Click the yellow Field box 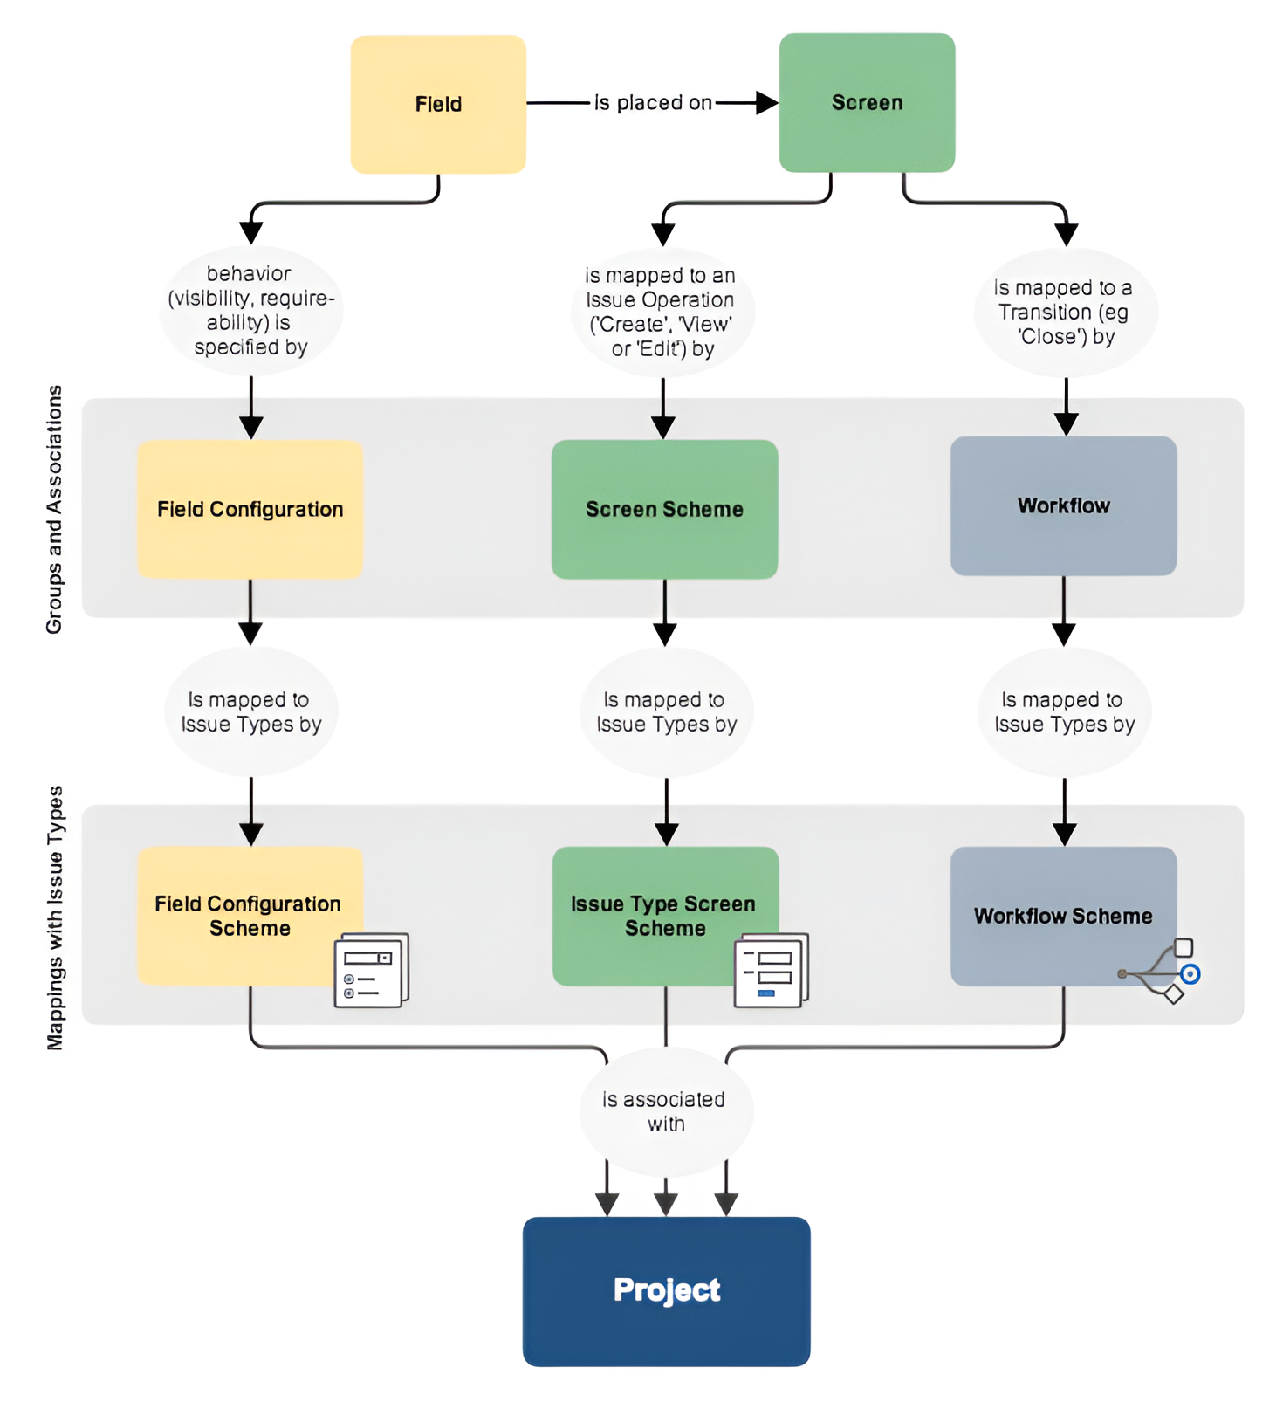click(x=438, y=104)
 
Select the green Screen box click(x=867, y=102)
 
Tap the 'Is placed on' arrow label click(x=653, y=103)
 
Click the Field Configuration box click(x=250, y=509)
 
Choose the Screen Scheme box click(x=664, y=509)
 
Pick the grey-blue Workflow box click(x=1063, y=505)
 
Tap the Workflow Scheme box click(x=1047, y=908)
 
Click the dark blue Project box click(x=666, y=1290)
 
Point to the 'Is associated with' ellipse click(x=665, y=1111)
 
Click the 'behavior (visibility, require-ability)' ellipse click(x=250, y=311)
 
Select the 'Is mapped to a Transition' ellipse click(x=1065, y=312)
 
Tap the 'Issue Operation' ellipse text click(x=662, y=312)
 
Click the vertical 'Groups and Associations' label click(x=54, y=509)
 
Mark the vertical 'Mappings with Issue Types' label click(x=54, y=917)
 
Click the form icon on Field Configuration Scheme click(x=371, y=971)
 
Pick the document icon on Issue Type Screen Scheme click(x=771, y=971)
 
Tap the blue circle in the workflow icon click(x=1190, y=973)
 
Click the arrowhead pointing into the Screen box click(x=766, y=103)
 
